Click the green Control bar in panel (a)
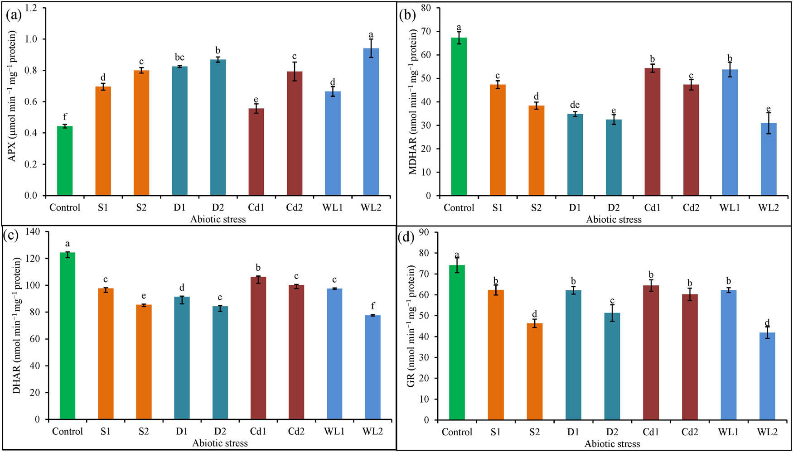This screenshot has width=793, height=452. pyautogui.click(x=65, y=161)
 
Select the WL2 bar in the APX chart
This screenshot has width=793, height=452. pyautogui.click(x=371, y=122)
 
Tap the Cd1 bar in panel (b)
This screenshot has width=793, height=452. pyautogui.click(x=652, y=132)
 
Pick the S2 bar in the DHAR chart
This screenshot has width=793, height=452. pyautogui.click(x=144, y=362)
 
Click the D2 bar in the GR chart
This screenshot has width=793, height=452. pyautogui.click(x=612, y=366)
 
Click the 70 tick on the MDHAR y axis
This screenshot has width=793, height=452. pyautogui.click(x=426, y=32)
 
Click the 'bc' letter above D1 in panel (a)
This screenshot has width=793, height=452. pyautogui.click(x=179, y=58)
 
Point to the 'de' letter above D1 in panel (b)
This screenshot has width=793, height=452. pyautogui.click(x=575, y=105)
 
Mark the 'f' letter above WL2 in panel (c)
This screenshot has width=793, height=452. pyautogui.click(x=373, y=306)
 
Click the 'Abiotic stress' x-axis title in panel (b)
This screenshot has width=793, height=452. pyautogui.click(x=614, y=220)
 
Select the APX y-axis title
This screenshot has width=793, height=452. pyautogui.click(x=12, y=96)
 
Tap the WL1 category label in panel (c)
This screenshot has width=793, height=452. pyautogui.click(x=334, y=431)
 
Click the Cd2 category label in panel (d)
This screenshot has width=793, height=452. pyautogui.click(x=690, y=432)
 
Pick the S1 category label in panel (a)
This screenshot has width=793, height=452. pyautogui.click(x=103, y=207)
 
